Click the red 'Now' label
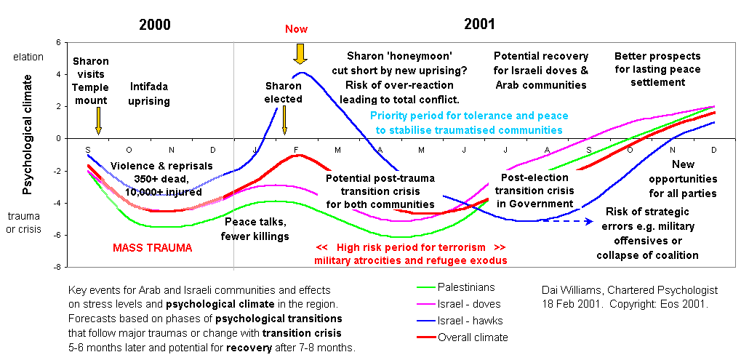coord(296,29)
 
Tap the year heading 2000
coord(154,24)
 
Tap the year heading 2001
coord(479,24)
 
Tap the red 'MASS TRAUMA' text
coord(152,248)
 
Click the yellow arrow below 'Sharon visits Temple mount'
coord(98,121)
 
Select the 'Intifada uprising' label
coord(149,94)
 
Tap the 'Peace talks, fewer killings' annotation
coord(255,229)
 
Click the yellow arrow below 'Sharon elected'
coord(284,119)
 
